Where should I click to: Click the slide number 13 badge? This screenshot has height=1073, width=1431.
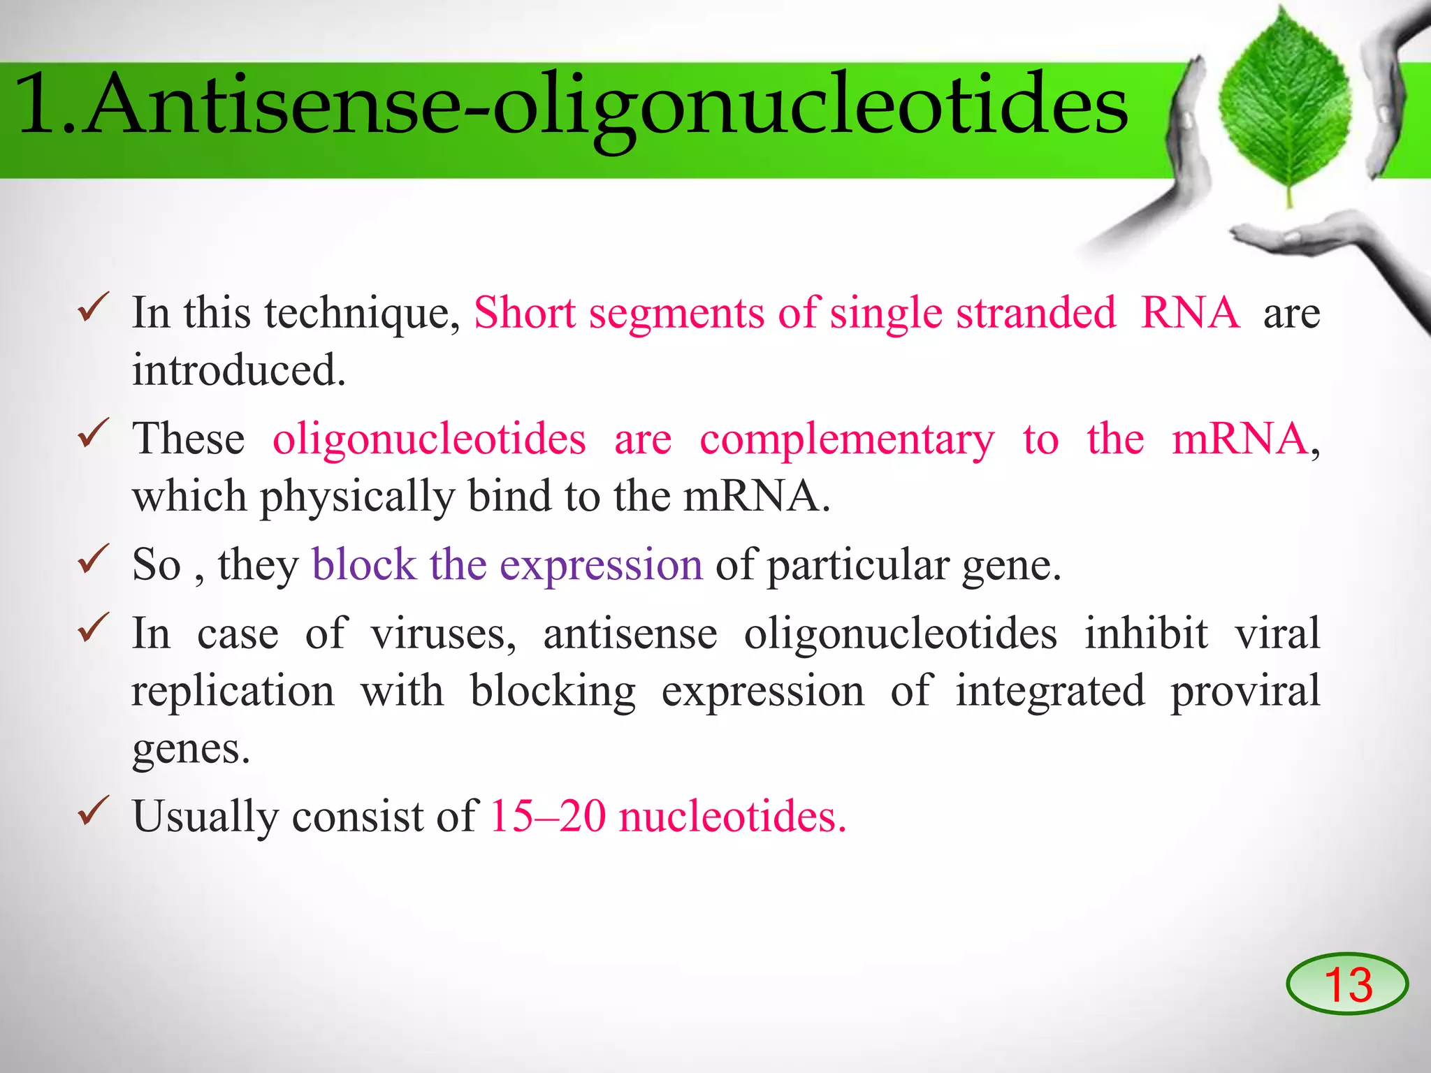point(1346,984)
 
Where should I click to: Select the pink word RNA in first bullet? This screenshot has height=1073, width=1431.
point(1190,312)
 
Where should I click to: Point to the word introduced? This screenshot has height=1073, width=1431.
point(239,370)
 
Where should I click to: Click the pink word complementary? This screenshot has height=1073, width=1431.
point(847,439)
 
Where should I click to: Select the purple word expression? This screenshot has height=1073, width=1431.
point(601,566)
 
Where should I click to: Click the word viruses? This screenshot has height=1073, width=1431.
point(443,634)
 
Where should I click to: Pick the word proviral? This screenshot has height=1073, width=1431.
point(1245,692)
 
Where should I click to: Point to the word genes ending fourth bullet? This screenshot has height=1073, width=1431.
point(191,750)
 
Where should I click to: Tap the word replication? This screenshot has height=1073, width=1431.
point(233,692)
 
